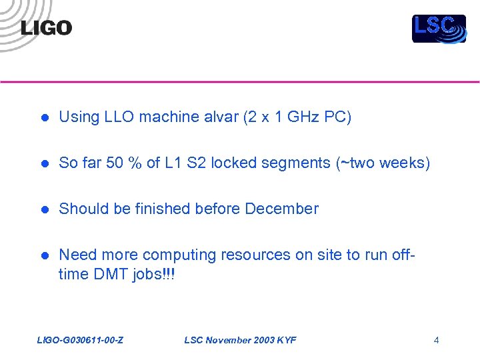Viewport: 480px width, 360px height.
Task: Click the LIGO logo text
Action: (46, 28)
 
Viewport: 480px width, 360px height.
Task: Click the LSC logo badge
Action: (439, 29)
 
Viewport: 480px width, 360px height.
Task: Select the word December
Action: (281, 209)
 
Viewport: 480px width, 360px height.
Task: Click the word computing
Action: (179, 255)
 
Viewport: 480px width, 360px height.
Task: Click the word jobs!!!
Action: (155, 275)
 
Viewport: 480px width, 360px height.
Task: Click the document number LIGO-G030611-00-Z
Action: (79, 341)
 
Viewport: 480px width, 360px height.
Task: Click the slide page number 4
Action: (436, 341)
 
